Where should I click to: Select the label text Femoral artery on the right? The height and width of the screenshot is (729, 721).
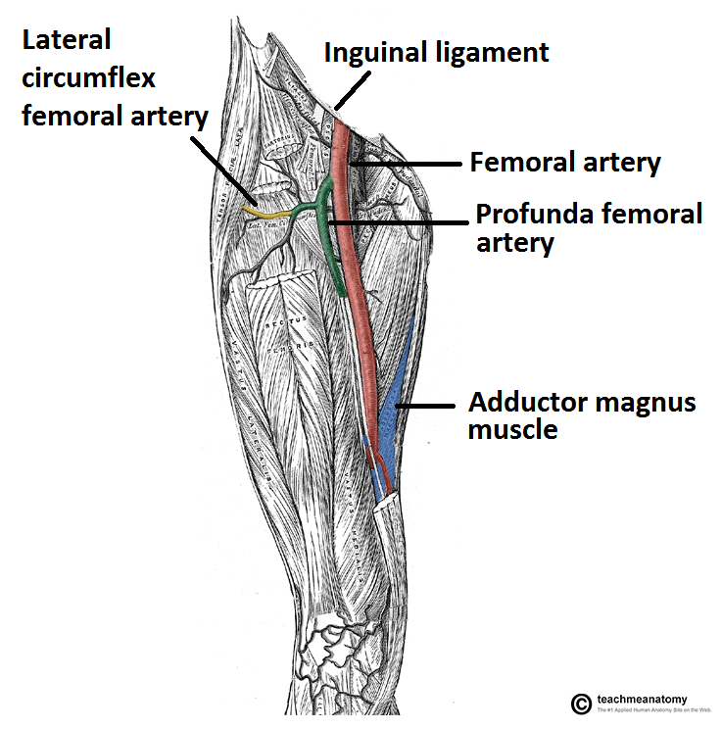tap(565, 162)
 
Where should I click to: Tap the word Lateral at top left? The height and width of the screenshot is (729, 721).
tap(66, 40)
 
